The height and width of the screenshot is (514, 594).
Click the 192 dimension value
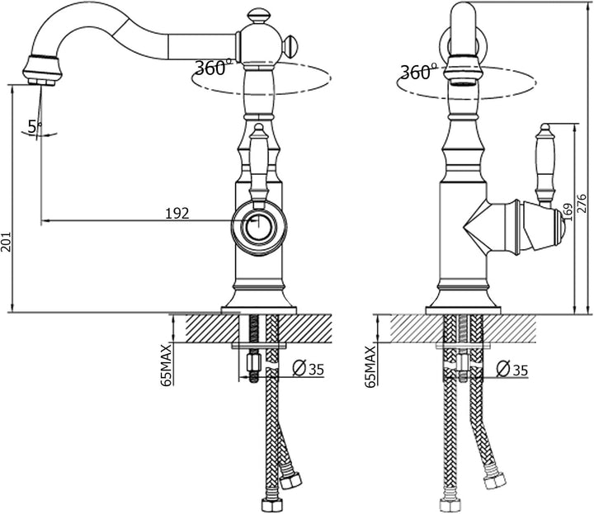(x=177, y=213)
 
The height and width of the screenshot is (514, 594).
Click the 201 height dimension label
(x=6, y=242)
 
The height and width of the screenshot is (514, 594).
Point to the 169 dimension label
(x=567, y=211)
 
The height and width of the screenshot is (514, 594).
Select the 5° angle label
(x=35, y=126)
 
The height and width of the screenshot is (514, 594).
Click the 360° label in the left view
(x=213, y=68)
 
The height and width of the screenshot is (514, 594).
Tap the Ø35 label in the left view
(x=309, y=369)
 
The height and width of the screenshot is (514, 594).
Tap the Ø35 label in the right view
(x=512, y=369)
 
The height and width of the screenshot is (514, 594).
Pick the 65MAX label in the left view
(x=166, y=365)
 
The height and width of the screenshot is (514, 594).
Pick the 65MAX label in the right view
(x=370, y=365)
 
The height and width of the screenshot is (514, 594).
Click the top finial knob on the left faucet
(x=258, y=16)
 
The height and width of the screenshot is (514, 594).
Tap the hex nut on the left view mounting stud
(x=252, y=362)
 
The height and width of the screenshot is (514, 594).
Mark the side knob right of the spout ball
(x=290, y=45)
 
